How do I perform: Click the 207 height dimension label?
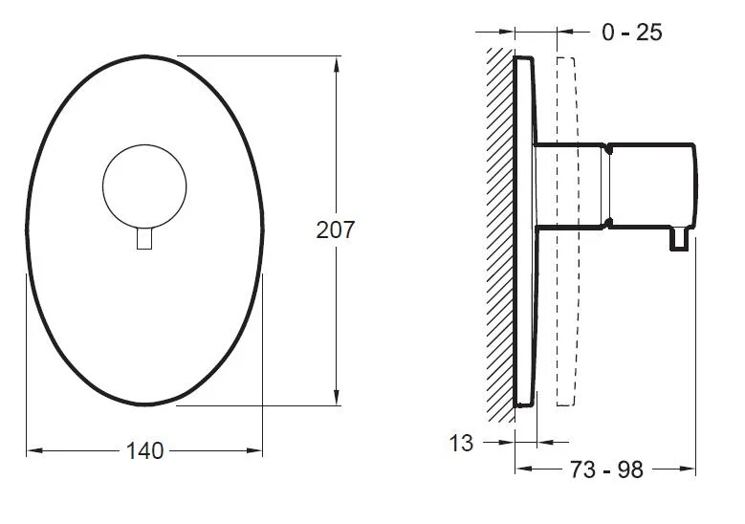(x=336, y=229)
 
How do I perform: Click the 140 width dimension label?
(x=145, y=450)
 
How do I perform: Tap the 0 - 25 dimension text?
(x=631, y=33)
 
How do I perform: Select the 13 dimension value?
(x=461, y=444)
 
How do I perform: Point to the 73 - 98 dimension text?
(x=605, y=469)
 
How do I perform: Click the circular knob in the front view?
(x=144, y=186)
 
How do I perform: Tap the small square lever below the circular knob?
(x=144, y=238)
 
